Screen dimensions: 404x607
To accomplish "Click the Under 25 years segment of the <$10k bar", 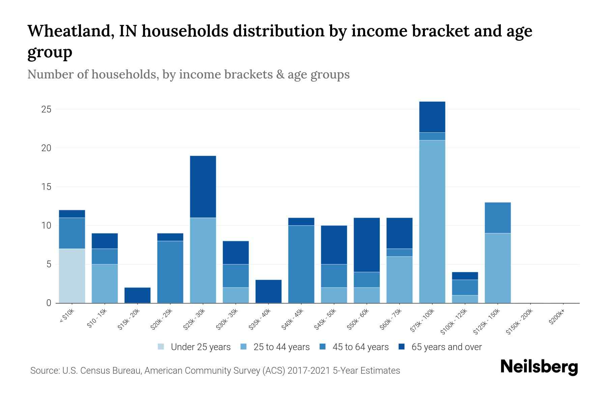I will [72, 276].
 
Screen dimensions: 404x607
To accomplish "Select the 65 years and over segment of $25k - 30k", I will [203, 187].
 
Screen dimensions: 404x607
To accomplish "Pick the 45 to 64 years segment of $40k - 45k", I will [301, 264].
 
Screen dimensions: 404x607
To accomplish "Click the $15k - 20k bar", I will [137, 295].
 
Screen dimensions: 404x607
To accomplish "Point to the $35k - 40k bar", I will [268, 291].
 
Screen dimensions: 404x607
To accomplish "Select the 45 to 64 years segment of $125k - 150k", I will [497, 218].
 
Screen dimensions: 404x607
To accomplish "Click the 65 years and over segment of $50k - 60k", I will [367, 245].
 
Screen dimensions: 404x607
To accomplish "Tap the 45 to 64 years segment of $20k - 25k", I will [170, 272].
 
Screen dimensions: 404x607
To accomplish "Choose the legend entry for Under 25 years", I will [194, 347].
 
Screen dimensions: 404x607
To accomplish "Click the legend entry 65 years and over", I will [440, 347].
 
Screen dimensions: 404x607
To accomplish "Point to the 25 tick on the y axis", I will [47, 109].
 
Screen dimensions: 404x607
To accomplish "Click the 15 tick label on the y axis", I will [47, 187].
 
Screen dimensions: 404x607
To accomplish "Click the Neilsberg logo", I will [539, 367].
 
